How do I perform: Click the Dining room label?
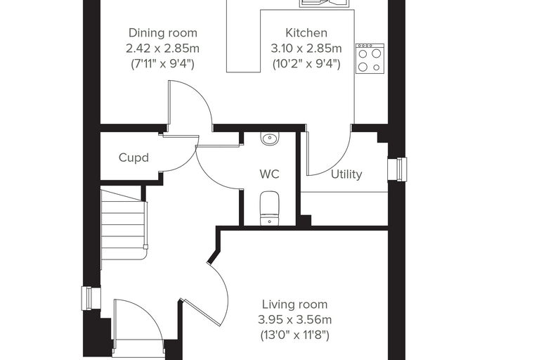tap(163, 33)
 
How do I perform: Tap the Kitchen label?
tap(306, 33)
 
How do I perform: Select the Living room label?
tap(294, 304)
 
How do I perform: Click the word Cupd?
tap(133, 157)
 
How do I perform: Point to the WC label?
tap(269, 174)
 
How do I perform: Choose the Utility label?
tap(346, 174)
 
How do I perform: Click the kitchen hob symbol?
tap(370, 58)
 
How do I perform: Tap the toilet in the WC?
tap(270, 208)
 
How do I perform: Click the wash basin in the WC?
tap(270, 139)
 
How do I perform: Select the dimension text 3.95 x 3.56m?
tap(294, 320)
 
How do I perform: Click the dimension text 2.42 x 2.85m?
tap(162, 49)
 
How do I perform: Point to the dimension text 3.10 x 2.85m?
tap(306, 49)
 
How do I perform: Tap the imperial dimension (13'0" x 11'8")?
tap(294, 335)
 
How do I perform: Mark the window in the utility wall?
tap(398, 169)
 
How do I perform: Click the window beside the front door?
tap(91, 299)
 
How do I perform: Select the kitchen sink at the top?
tap(325, 4)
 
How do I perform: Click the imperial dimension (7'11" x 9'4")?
tap(162, 64)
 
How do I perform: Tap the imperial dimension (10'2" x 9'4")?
tap(306, 64)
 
